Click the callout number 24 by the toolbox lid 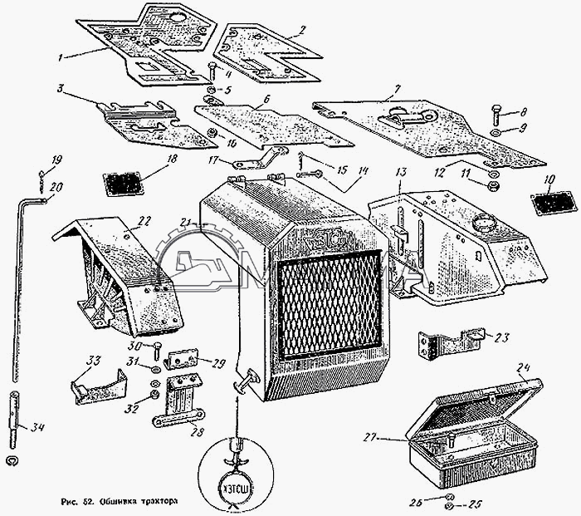click(x=522, y=366)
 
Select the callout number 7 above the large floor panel click(x=398, y=87)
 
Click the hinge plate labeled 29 click(x=183, y=359)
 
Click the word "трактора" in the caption click(x=155, y=501)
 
